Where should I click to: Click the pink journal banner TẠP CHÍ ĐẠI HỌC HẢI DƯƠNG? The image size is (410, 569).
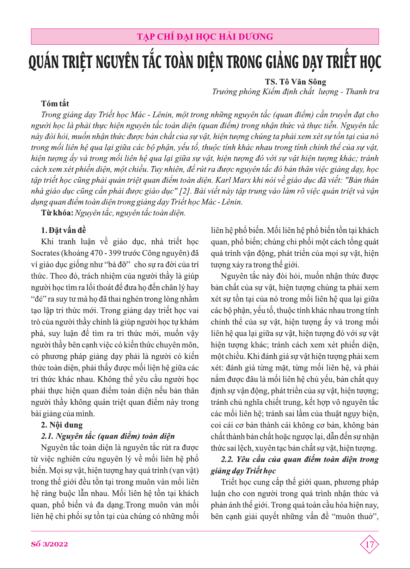[205, 37]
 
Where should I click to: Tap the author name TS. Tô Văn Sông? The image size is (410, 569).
[295, 82]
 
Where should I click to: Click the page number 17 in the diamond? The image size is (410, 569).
[369, 545]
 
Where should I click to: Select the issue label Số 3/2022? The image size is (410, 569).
[49, 544]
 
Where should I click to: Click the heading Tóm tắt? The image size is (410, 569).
[55, 103]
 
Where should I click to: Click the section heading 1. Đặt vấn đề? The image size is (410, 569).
[63, 230]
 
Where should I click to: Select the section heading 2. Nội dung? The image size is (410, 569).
[62, 425]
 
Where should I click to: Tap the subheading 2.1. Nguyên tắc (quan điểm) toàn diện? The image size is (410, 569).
[108, 436]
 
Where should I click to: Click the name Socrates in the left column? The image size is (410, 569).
[45, 253]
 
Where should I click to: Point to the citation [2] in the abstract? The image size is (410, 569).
[185, 191]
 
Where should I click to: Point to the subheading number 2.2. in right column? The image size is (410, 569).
[227, 460]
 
